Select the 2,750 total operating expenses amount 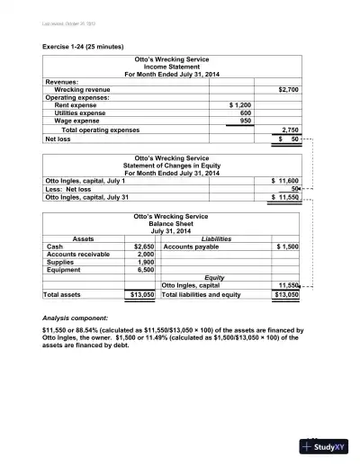[290, 130]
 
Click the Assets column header [83, 238]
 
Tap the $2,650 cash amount [144, 246]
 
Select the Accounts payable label [191, 246]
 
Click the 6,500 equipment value [147, 270]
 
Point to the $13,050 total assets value [143, 294]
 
